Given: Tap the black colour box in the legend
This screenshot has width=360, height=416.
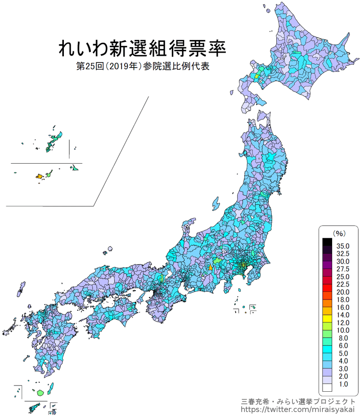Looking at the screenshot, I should pos(327,242).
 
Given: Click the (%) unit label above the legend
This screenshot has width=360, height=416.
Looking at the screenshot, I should pos(338,233).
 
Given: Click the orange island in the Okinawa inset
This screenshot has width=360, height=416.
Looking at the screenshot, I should pos(39,176).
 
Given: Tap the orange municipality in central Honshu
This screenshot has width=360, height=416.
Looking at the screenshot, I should pos(211,267).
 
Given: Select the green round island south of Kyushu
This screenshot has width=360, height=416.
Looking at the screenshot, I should pos(41,393).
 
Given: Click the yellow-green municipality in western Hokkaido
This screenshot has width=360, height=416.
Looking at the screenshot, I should pos(257,76).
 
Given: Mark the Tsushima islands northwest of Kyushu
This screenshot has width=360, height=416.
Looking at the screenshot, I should pos(20,288).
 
